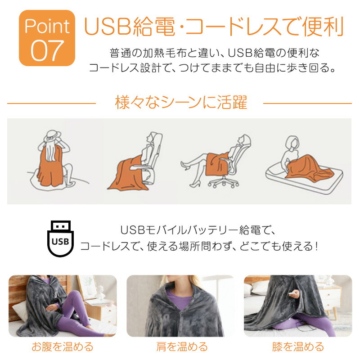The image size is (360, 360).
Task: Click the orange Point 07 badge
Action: [47, 38]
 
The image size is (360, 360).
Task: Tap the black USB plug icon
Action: [60, 238]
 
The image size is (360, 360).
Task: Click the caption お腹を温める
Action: [63, 346]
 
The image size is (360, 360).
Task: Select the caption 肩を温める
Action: [182, 346]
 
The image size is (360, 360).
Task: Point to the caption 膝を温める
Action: [298, 346]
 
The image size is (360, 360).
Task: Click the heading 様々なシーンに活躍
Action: [181, 103]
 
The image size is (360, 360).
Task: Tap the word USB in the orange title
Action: [108, 26]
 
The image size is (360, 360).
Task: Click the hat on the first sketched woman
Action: [53, 136]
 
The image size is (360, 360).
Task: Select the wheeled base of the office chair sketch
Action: [223, 183]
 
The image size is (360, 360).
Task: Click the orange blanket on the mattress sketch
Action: [308, 167]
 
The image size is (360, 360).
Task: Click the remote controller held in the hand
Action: [292, 293]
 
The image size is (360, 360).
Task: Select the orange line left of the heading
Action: [51, 103]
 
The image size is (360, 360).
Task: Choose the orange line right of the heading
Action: [307, 103]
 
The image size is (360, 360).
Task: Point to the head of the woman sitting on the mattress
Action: [292, 143]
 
